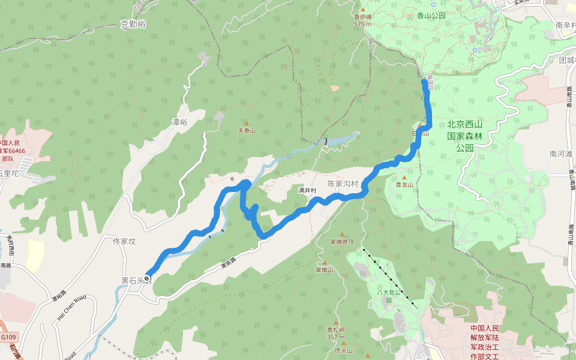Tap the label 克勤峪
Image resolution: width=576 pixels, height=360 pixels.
pyautogui.click(x=133, y=24)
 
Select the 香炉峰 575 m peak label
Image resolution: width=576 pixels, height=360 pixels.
pyautogui.click(x=362, y=20)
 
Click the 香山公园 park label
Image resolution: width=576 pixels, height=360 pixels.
pyautogui.click(x=431, y=16)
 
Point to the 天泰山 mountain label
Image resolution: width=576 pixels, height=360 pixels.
pyautogui.click(x=247, y=130)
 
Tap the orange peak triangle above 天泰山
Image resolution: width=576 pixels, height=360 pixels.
pyautogui.click(x=246, y=122)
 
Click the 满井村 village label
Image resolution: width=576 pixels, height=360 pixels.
pyautogui.click(x=307, y=190)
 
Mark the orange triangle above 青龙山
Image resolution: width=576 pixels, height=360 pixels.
pyautogui.click(x=404, y=178)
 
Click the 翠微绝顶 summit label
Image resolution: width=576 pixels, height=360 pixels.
pyautogui.click(x=342, y=242)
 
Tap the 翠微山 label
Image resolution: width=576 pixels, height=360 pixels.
pyautogui.click(x=324, y=270)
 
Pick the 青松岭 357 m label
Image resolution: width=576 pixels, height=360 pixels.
pyautogui.click(x=336, y=333)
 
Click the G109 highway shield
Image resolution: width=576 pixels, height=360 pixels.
pyautogui.click(x=9, y=337)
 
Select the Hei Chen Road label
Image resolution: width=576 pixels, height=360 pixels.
pyautogui.click(x=72, y=307)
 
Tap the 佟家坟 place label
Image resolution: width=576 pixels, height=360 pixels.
pyautogui.click(x=125, y=242)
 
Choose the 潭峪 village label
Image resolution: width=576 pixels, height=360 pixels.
pyautogui.click(x=179, y=122)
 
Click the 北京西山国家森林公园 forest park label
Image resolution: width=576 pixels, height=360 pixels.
pyautogui.click(x=465, y=136)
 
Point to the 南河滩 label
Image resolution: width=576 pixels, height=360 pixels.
pyautogui.click(x=561, y=154)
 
